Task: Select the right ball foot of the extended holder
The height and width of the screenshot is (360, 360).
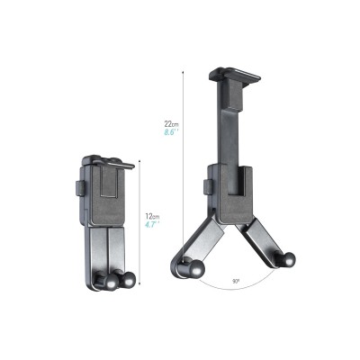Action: (x=287, y=261)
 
